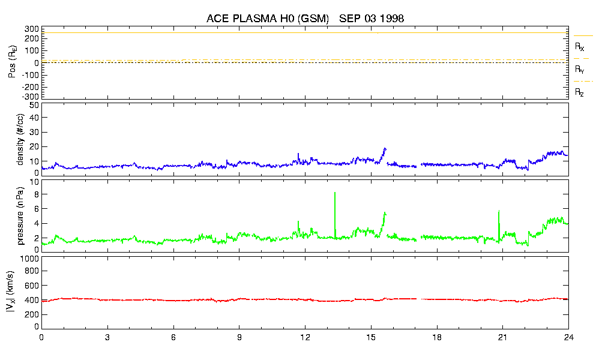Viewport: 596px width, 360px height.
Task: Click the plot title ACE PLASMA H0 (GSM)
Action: [x=268, y=19]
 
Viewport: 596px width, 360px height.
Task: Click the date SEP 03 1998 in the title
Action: [x=372, y=19]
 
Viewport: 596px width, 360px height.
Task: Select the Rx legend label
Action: [x=579, y=46]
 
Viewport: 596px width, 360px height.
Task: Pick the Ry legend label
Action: [x=579, y=70]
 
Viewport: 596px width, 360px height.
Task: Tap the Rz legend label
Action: [x=579, y=92]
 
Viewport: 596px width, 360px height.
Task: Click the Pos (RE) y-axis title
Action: [x=12, y=62]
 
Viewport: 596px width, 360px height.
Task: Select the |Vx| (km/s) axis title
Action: [x=12, y=292]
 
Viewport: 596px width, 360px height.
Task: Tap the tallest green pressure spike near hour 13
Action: [x=335, y=193]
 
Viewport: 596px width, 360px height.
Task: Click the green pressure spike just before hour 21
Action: [x=499, y=211]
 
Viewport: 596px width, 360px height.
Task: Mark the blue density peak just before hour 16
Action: [x=385, y=148]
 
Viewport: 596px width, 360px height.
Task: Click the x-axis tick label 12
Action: [x=305, y=338]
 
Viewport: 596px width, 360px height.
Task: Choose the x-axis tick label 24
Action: [x=568, y=338]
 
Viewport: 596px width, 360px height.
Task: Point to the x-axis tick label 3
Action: [x=107, y=338]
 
